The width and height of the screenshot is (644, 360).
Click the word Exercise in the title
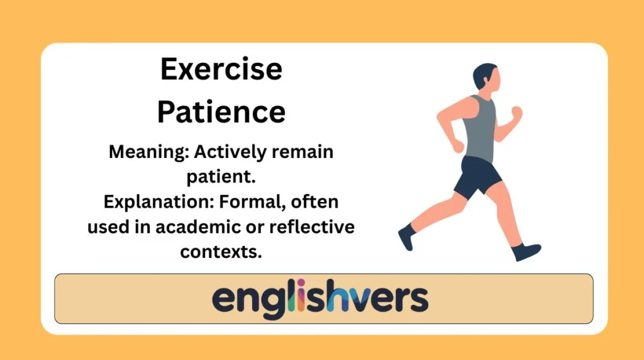221,69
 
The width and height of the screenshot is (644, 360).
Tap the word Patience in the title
221,111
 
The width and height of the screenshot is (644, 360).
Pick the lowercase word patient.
220,177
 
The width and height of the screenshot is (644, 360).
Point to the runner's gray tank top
479,129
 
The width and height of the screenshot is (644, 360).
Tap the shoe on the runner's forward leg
526,252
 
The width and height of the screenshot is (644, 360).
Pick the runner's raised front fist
516,113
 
